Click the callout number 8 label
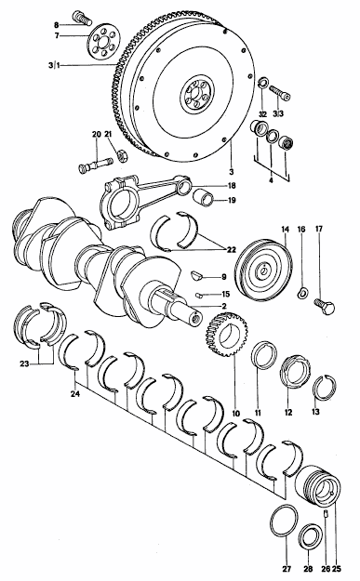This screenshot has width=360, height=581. coord(57,25)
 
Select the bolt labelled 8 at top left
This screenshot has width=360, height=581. coord(83,19)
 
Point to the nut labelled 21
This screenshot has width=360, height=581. coord(121,154)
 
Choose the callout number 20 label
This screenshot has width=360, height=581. coord(96,134)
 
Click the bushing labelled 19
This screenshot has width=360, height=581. coord(204,196)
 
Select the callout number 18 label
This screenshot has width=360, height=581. coord(232,186)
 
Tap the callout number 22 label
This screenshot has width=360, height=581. coord(231,250)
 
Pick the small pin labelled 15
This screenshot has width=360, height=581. coord(199,295)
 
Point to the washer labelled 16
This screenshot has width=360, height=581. coord(301,293)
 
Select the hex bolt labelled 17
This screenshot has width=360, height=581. coord(324,306)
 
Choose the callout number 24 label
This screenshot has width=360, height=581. coord(75,394)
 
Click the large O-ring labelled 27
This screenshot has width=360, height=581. coord(285,521)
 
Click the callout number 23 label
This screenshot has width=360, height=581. coord(24,364)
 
